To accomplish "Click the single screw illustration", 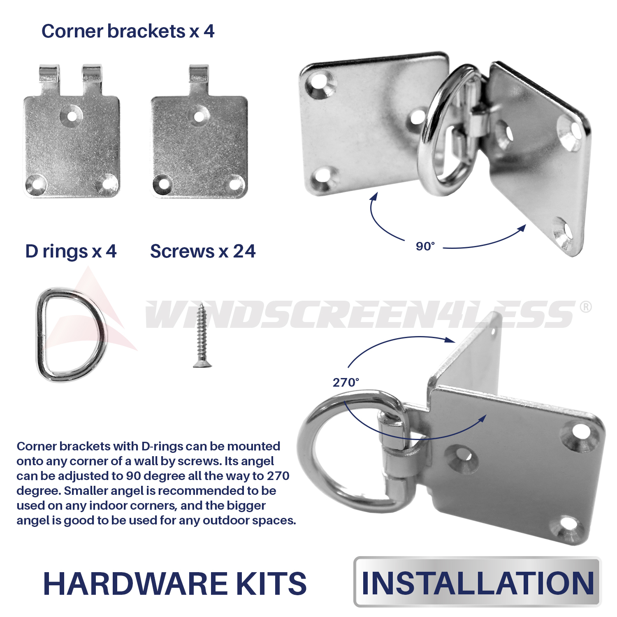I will pos(202,335).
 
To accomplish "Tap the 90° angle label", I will pos(425,246).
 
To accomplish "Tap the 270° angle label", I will pos(346,383).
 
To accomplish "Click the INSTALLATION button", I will pos(478,582).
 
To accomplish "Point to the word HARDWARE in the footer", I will pos(136,584).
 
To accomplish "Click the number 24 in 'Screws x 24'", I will pos(244,251).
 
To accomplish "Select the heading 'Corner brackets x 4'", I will pos(128,31).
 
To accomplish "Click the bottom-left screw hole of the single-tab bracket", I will pos(163,183).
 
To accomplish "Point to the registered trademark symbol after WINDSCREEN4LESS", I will pos(585,307).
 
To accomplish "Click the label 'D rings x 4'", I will pos(71,251).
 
